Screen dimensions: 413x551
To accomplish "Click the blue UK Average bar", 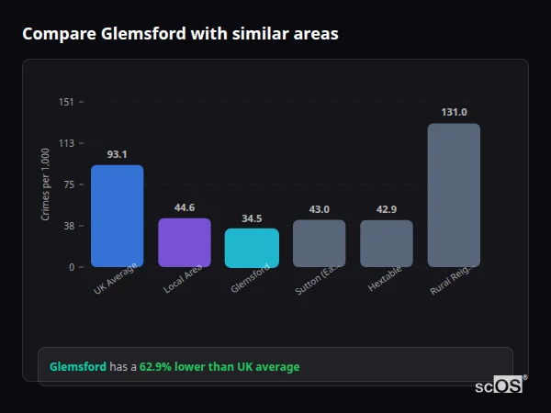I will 117,217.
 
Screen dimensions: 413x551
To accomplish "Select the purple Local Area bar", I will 185,242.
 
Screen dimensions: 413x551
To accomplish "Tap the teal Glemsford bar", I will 252,248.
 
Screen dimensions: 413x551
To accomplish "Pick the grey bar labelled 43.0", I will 319,243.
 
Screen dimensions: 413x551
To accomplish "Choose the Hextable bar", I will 387,243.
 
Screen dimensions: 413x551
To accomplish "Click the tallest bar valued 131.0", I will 454,195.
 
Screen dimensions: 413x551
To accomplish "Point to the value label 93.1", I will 117,154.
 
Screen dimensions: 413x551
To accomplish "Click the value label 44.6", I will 185,207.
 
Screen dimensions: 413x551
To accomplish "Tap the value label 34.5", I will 252,218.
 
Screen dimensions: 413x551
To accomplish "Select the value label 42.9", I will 387,209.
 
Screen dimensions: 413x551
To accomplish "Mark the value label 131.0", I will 454,112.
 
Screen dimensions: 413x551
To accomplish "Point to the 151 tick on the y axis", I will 66,102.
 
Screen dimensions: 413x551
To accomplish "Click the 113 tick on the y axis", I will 66,143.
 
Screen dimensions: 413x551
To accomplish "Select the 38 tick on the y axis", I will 67,226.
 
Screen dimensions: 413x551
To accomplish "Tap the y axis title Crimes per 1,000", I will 45,184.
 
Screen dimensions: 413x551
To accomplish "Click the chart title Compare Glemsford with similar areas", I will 180,34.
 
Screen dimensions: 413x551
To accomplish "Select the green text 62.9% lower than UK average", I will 219,367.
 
